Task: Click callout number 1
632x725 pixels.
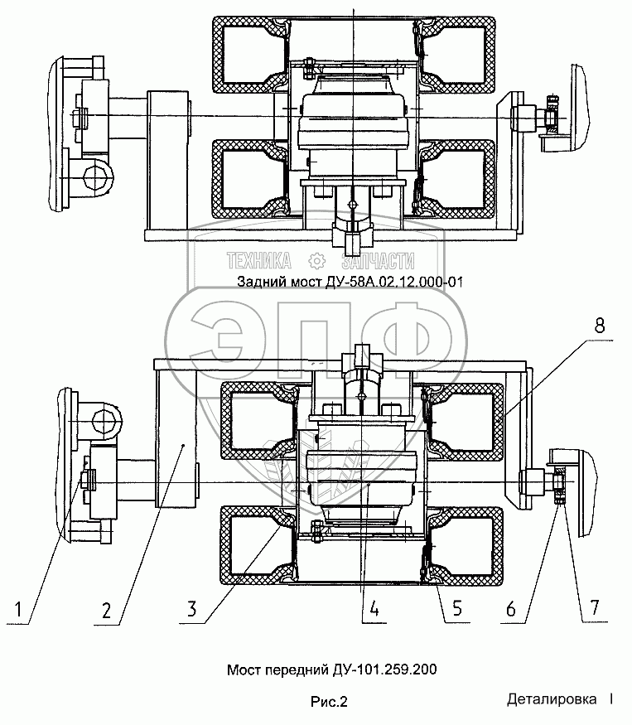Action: pyautogui.click(x=18, y=609)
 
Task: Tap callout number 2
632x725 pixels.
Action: pyautogui.click(x=106, y=611)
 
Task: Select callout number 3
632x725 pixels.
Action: pyautogui.click(x=192, y=609)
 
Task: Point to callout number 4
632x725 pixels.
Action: pyautogui.click(x=374, y=608)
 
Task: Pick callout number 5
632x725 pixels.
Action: pyautogui.click(x=457, y=608)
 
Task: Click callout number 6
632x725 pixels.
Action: pyautogui.click(x=511, y=609)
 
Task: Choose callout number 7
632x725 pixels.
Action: pyautogui.click(x=594, y=607)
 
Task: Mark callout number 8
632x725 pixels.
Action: pyautogui.click(x=599, y=326)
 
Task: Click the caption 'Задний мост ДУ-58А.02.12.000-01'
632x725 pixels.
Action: pyautogui.click(x=350, y=282)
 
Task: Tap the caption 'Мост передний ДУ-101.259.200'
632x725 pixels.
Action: pyautogui.click(x=331, y=669)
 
